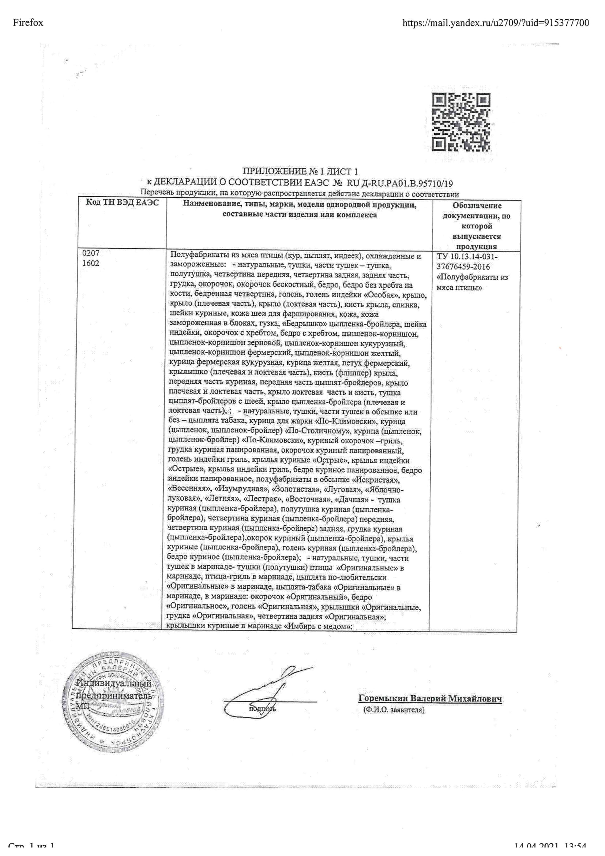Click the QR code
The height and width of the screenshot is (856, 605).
point(461,122)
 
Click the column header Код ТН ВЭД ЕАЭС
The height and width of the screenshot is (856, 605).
point(122,202)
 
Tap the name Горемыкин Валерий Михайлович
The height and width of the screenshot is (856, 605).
point(430,699)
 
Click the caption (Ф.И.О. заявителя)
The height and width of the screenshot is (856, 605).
point(394,710)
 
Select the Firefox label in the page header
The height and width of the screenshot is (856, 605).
point(28,23)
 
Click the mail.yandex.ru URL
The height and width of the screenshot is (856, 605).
point(496,23)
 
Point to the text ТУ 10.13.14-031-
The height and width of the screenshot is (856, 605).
point(467,257)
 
